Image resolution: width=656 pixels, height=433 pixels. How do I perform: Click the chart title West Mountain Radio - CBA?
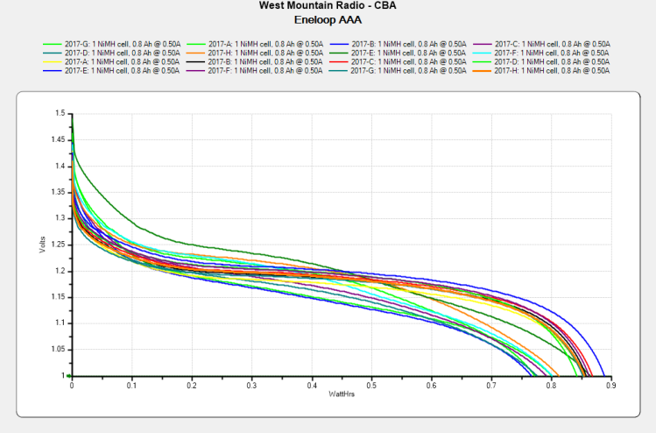328,5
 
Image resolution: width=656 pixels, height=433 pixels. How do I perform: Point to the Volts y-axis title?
42,245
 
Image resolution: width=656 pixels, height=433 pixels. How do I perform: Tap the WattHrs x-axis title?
341,395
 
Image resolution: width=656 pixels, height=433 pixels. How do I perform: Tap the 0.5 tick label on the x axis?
370,385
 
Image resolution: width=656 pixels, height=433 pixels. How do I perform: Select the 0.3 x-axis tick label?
251,385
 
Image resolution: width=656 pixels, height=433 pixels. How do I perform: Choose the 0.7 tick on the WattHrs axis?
490,385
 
